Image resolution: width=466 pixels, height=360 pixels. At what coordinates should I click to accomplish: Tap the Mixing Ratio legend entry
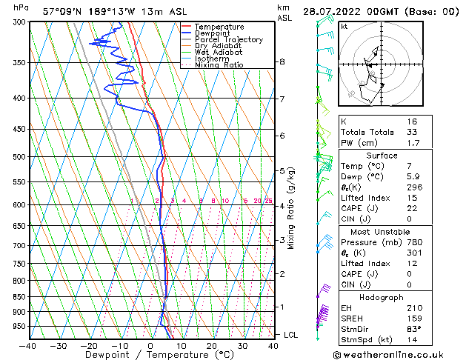point(219,65)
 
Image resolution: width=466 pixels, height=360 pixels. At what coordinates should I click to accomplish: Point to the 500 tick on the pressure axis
point(15,157)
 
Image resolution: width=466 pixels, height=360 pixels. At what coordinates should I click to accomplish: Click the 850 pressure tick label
point(15,297)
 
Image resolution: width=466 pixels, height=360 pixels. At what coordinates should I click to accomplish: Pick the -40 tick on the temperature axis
point(28,346)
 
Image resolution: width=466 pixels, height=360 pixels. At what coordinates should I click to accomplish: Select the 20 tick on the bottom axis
point(212,346)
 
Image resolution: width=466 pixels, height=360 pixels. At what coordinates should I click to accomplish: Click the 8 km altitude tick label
point(282,62)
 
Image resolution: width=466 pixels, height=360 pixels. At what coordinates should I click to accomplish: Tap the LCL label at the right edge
point(291,335)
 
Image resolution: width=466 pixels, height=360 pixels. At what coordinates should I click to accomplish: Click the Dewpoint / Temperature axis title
point(150,356)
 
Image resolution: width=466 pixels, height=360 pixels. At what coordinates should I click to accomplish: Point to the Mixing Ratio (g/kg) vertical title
point(291,208)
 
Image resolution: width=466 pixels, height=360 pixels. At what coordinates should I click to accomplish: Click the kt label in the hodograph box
point(344,26)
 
